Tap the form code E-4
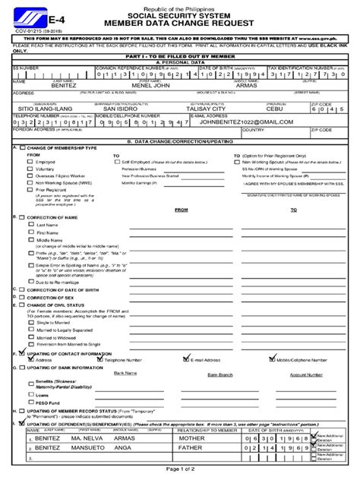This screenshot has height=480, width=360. coord(38,24)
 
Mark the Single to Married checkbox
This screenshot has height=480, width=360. coord(30,322)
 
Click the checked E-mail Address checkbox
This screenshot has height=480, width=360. coord(186,360)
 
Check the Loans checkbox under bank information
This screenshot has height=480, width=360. coord(30,394)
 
